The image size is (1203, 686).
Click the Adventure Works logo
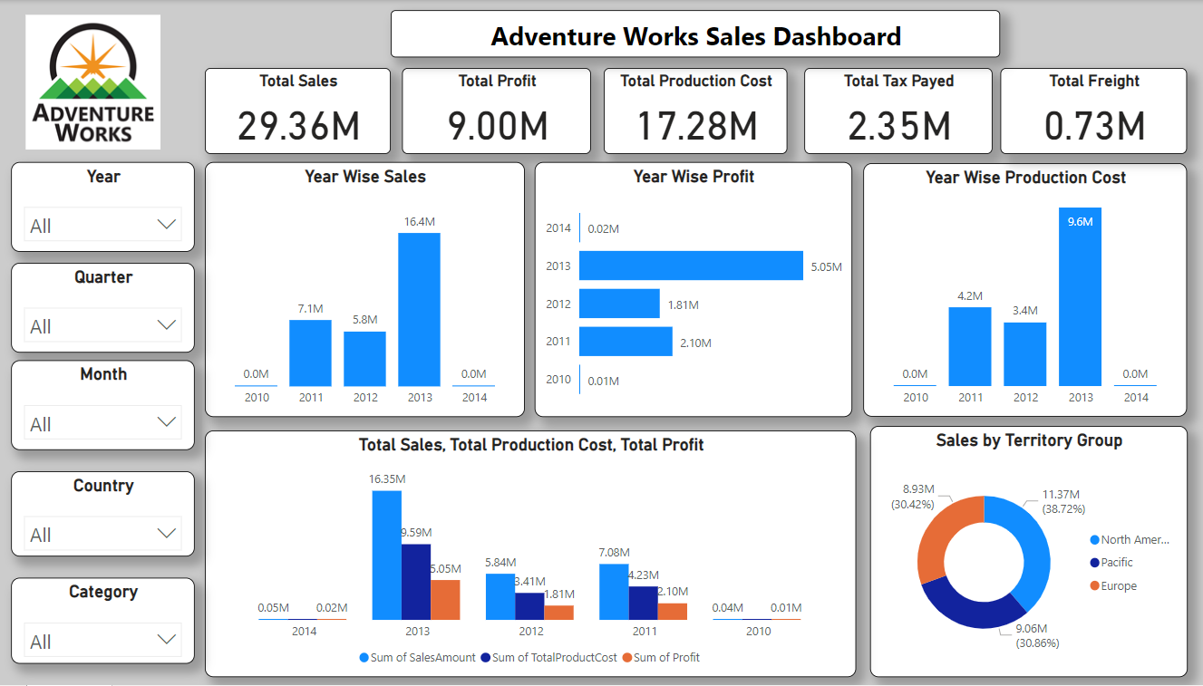92,82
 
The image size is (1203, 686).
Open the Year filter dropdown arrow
166,225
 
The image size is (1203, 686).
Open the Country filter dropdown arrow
166,534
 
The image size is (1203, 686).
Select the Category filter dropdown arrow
166,641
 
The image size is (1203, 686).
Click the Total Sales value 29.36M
298,126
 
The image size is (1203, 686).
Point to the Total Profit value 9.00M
497,126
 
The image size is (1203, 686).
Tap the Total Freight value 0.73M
1094,126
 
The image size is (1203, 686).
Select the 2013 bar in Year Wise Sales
419,309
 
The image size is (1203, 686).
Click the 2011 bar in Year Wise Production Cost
970,347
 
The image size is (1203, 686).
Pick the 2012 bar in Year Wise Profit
619,304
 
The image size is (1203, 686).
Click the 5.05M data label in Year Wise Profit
825,266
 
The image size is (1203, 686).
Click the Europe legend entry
1119,586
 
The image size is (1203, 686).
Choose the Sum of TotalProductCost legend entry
554,658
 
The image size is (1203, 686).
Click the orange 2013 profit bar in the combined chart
445,599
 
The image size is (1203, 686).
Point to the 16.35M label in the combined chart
387,479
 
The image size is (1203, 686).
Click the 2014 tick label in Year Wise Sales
474,397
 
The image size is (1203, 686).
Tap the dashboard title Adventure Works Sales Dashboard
695,36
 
